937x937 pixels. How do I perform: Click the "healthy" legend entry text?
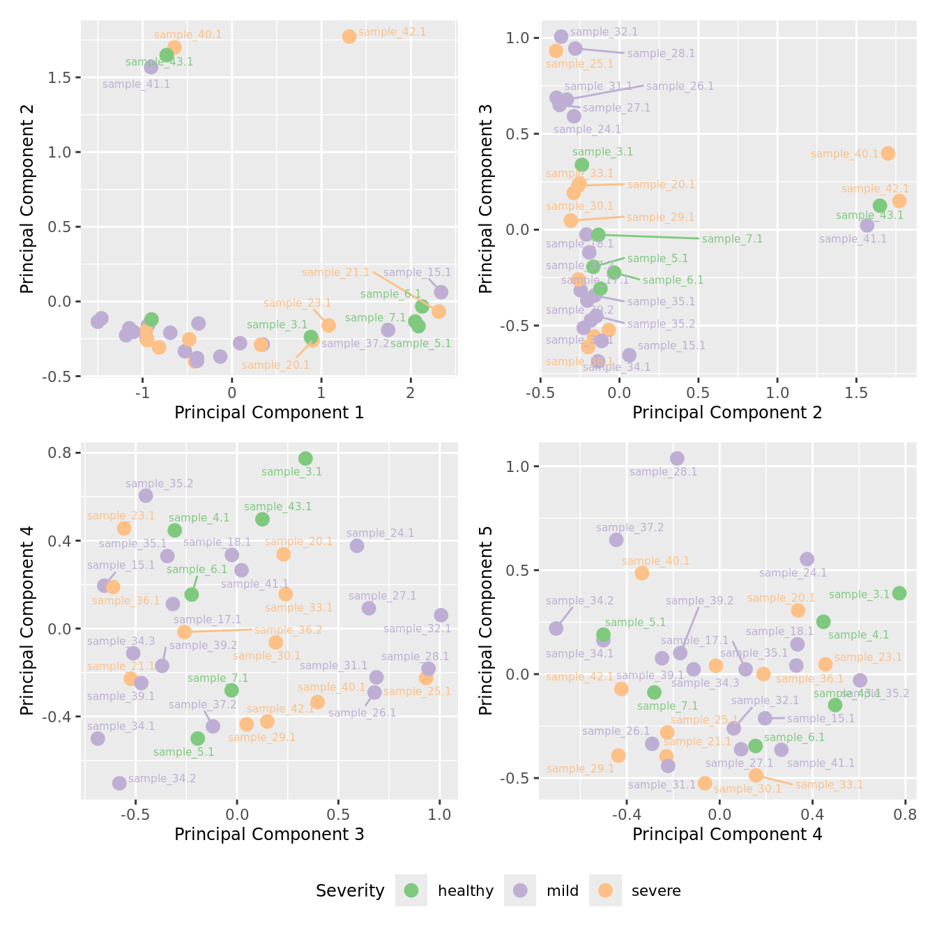465,891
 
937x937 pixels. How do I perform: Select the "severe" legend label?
655,891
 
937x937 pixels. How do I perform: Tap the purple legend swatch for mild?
520,890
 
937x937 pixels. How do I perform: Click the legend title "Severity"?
350,891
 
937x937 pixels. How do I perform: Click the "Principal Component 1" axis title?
269,413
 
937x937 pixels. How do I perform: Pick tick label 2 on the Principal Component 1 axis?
411,393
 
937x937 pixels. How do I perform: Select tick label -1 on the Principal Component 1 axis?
143,393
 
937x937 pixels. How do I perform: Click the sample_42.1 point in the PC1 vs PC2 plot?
349,36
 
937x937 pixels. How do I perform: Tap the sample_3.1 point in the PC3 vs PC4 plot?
305,458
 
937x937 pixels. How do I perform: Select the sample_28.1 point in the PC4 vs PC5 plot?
677,458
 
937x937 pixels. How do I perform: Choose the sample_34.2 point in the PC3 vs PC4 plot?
119,783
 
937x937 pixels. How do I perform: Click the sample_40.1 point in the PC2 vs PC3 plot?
888,153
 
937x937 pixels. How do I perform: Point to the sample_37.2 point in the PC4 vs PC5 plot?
616,540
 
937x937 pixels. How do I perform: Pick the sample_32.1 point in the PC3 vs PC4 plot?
441,615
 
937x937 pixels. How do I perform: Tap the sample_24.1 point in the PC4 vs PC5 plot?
807,559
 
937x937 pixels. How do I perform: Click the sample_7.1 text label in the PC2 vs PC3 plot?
732,239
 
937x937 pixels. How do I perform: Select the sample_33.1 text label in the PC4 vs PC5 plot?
829,785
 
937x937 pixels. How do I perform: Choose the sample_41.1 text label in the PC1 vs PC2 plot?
136,84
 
